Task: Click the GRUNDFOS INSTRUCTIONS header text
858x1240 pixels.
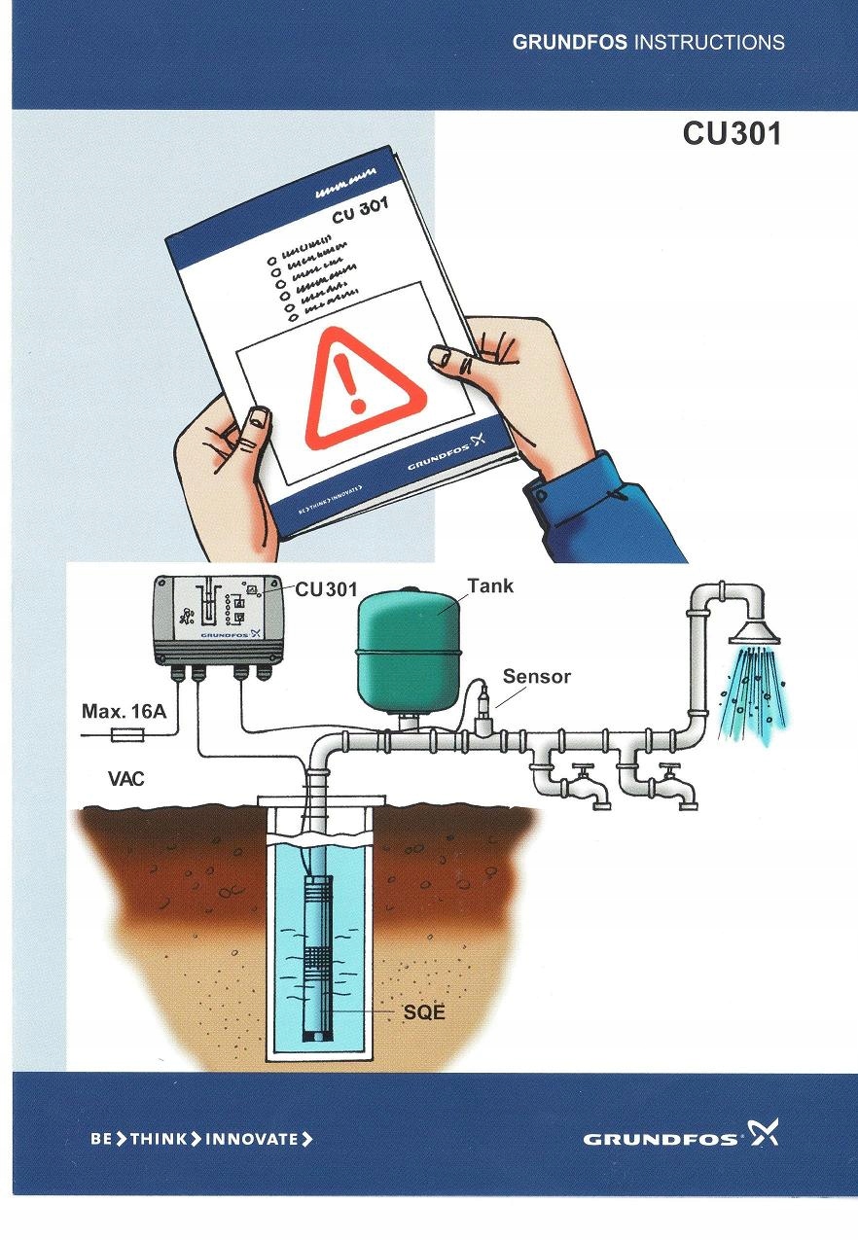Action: pyautogui.click(x=648, y=43)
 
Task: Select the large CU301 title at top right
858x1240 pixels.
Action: pyautogui.click(x=732, y=133)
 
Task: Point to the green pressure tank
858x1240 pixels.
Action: pyautogui.click(x=408, y=653)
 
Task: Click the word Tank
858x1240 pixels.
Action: pyautogui.click(x=490, y=586)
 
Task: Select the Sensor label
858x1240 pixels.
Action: pyautogui.click(x=536, y=676)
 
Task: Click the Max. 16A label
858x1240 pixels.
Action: pyautogui.click(x=124, y=712)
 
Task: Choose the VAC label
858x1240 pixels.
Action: pyautogui.click(x=127, y=779)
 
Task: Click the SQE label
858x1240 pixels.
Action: pyautogui.click(x=424, y=1012)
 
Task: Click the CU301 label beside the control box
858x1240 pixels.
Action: pyautogui.click(x=326, y=589)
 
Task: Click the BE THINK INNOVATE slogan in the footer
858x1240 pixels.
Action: pyautogui.click(x=201, y=1139)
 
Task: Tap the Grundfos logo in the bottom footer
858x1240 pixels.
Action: pyautogui.click(x=681, y=1137)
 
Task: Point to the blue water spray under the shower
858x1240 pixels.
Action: pyautogui.click(x=752, y=695)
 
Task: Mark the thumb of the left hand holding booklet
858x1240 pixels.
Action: pyautogui.click(x=255, y=429)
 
